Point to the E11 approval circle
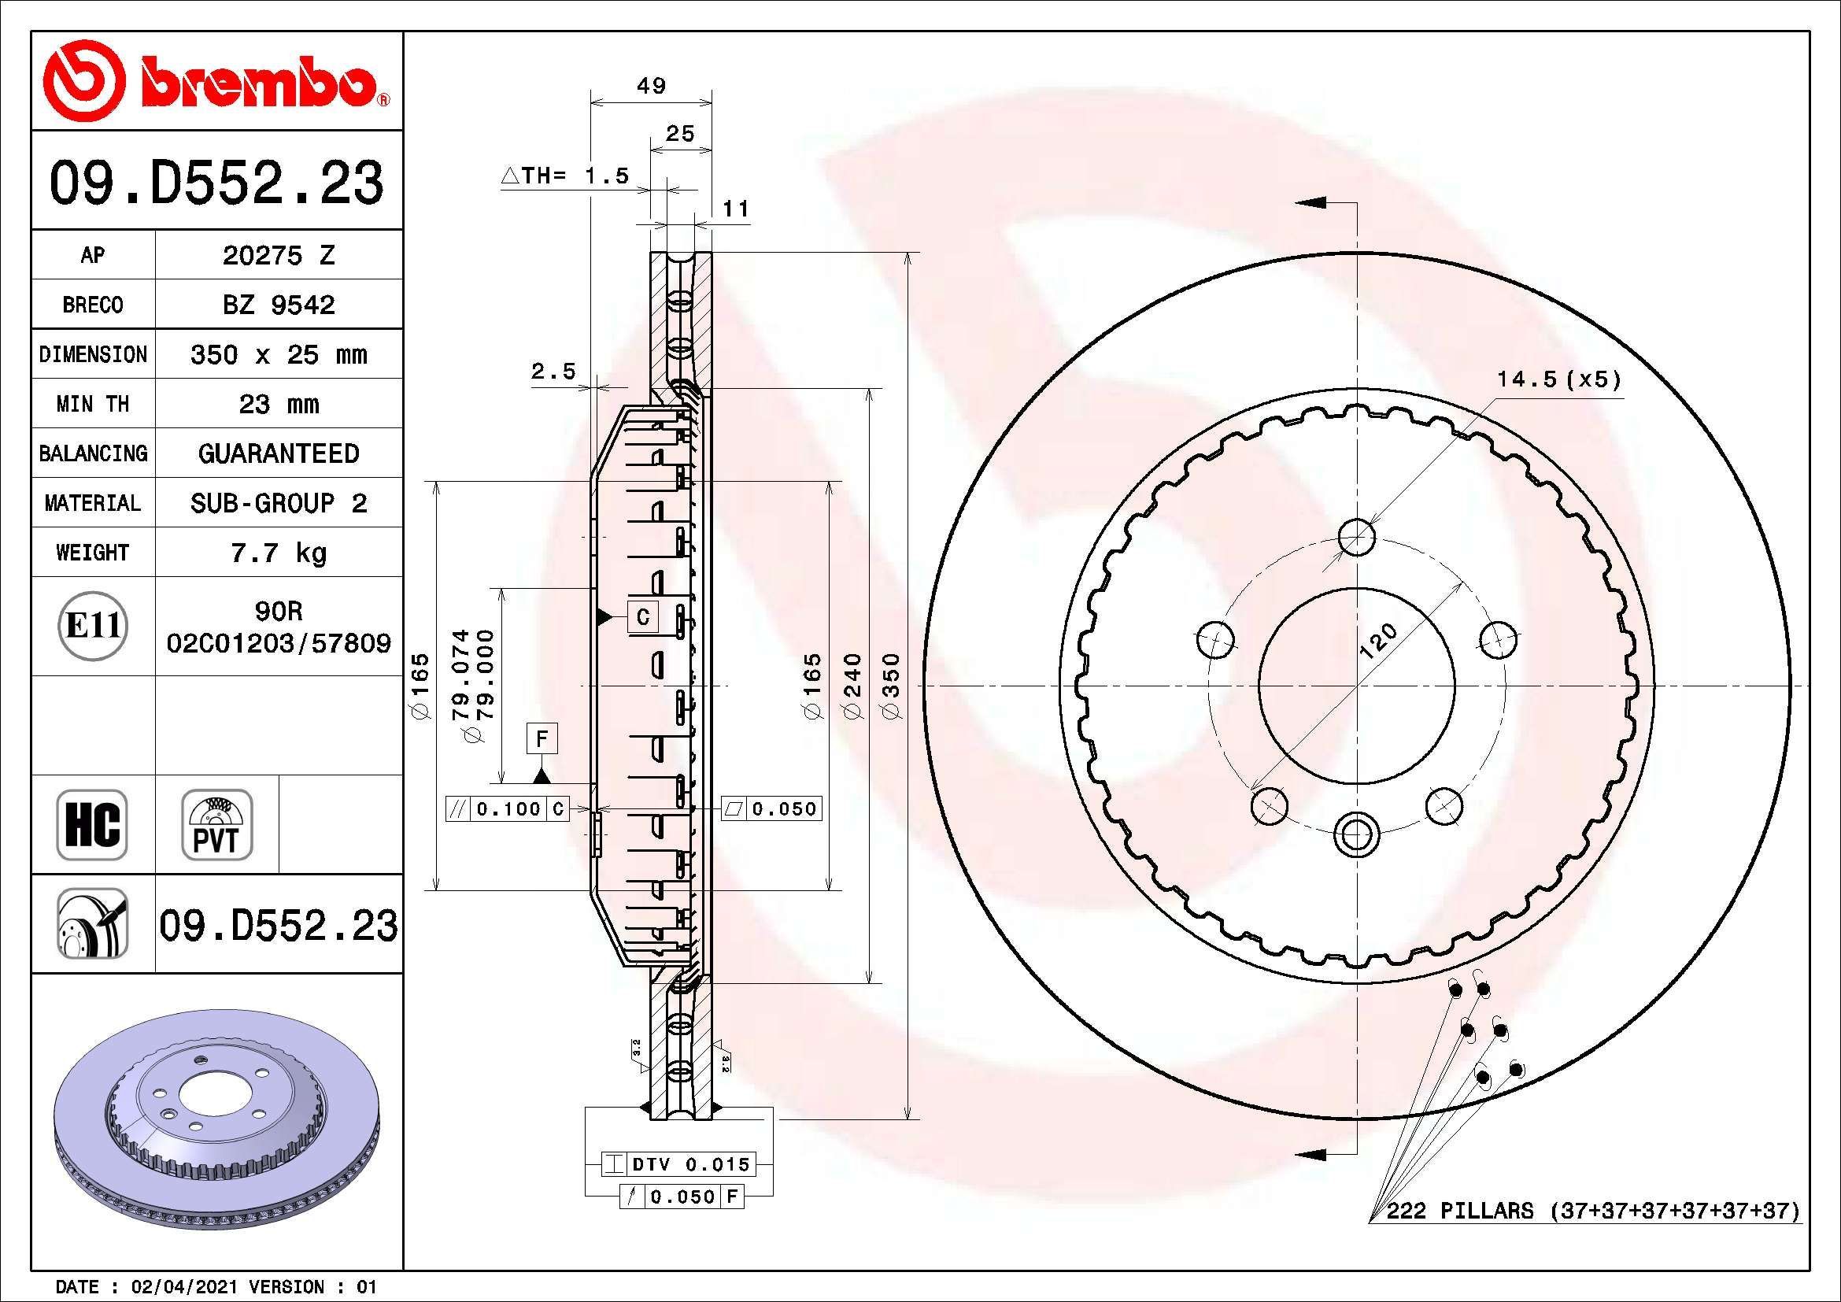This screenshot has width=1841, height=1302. [x=93, y=625]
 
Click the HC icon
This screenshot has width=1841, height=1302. [x=92, y=825]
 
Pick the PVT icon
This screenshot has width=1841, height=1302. [x=216, y=825]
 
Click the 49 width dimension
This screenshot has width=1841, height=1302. [x=651, y=86]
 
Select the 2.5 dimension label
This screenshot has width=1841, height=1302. [x=553, y=372]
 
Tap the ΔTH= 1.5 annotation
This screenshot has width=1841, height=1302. [x=566, y=176]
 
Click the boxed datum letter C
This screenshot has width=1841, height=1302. [x=642, y=616]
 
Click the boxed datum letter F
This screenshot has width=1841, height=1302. [x=542, y=738]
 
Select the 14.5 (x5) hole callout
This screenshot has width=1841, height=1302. [x=1558, y=379]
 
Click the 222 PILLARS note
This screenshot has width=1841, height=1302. [x=1592, y=1211]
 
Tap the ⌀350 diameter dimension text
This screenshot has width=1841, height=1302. [x=892, y=686]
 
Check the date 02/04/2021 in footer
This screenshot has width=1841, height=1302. [x=183, y=1287]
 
